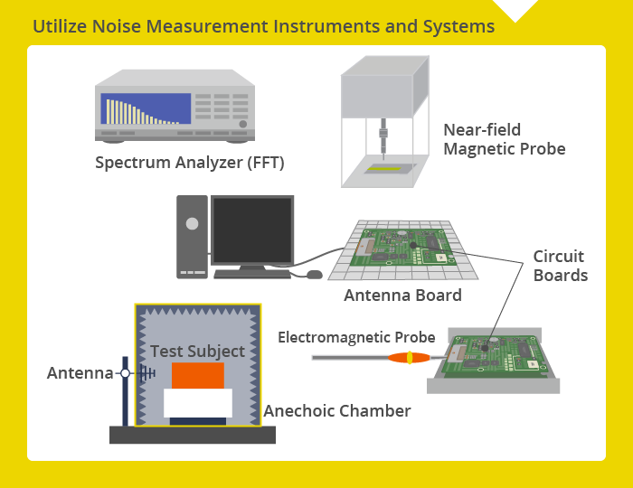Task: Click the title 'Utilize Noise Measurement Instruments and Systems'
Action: click(x=263, y=26)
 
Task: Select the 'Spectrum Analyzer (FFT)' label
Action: click(x=190, y=164)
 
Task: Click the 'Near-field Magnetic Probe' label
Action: click(x=504, y=139)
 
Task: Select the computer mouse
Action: click(x=315, y=274)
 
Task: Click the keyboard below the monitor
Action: click(x=251, y=273)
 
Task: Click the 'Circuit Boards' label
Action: click(x=560, y=266)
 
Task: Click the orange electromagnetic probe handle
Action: click(x=409, y=358)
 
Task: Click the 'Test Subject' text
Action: click(x=197, y=351)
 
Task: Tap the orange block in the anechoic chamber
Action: click(x=197, y=375)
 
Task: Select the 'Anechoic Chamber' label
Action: click(x=337, y=411)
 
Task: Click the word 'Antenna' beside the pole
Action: click(x=80, y=372)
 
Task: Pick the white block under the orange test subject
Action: click(x=197, y=403)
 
